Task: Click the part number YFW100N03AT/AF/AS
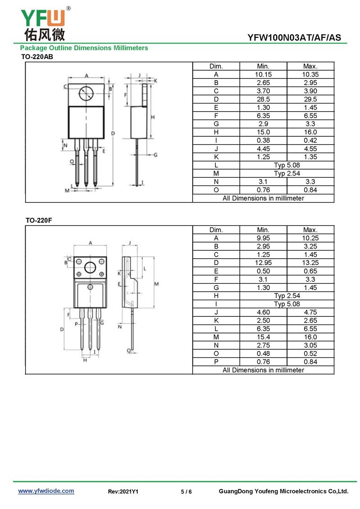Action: (294, 38)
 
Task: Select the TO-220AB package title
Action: (37, 57)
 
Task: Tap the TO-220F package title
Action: (39, 221)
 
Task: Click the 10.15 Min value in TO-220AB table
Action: (263, 74)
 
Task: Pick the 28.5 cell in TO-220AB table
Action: (263, 99)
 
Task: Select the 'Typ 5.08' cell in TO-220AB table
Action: (287, 165)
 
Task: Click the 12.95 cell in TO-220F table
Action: (263, 263)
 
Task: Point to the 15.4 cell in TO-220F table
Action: (263, 337)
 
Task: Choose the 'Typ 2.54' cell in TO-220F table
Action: (287, 296)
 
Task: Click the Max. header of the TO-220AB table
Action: (310, 66)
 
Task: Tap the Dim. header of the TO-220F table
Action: (216, 230)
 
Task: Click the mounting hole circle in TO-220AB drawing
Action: (86, 94)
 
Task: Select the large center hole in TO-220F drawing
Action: (90, 267)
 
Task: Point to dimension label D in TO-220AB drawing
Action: (113, 133)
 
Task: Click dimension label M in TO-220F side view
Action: (157, 284)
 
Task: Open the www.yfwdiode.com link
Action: (46, 491)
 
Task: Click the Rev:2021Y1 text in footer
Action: (123, 491)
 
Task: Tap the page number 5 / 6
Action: (186, 491)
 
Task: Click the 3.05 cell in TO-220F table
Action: (310, 345)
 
